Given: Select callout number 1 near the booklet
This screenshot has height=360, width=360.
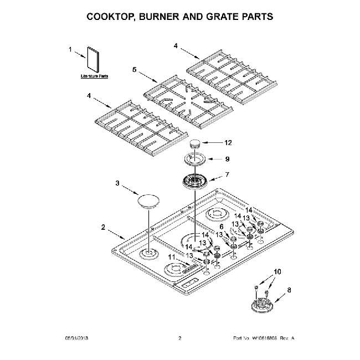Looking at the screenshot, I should point(70,50).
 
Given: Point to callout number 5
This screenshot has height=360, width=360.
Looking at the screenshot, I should point(134,70).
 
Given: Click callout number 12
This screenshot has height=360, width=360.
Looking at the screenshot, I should point(228,142).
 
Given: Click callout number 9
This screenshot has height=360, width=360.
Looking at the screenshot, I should point(227,158).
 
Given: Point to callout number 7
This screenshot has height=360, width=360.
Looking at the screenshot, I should point(226,174).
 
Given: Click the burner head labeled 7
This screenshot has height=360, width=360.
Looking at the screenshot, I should point(194,181).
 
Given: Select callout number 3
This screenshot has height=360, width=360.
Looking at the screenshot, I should point(117,182).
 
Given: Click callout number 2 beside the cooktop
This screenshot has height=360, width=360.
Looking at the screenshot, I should point(104,227).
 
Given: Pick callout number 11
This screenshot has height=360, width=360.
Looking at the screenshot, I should point(172,258).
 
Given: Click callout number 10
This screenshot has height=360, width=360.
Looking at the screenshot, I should point(278,271).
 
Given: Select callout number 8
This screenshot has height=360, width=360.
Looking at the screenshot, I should point(288,289).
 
